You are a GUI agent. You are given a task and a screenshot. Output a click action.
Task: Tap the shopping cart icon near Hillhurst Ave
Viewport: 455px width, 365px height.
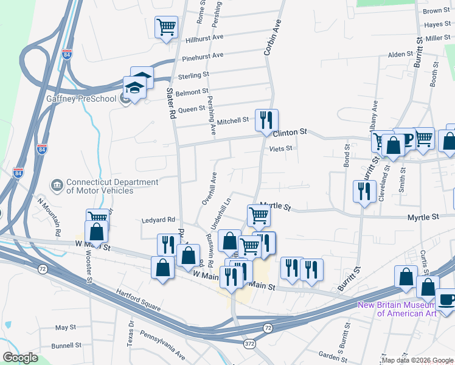[166, 27]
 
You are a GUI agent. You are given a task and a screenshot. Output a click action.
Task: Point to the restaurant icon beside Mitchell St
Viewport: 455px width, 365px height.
[266, 120]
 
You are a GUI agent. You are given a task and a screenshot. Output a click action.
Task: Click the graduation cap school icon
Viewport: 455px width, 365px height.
[134, 88]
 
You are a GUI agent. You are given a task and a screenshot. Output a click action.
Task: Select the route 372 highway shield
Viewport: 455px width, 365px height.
[250, 344]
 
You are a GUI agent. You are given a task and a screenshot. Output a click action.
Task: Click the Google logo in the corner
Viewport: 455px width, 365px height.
[20, 358]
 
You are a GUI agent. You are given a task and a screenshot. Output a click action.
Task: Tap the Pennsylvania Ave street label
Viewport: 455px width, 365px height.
[163, 344]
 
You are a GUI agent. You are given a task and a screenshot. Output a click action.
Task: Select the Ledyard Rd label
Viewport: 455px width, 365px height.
[158, 220]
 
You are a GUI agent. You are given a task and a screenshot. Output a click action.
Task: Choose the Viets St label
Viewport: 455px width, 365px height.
[281, 148]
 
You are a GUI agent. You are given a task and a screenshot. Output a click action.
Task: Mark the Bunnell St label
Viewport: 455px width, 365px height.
[66, 345]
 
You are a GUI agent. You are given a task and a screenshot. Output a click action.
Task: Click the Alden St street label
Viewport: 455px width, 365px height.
[401, 55]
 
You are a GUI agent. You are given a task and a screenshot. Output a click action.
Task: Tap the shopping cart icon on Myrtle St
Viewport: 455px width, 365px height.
[259, 215]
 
